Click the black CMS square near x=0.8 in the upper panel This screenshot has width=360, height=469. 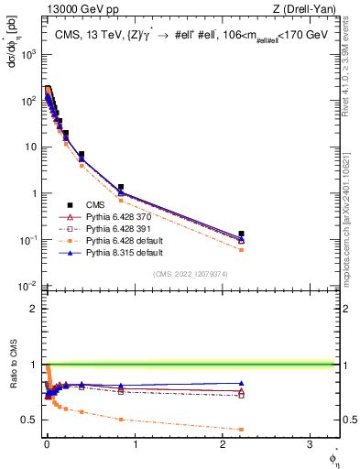[121, 187]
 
